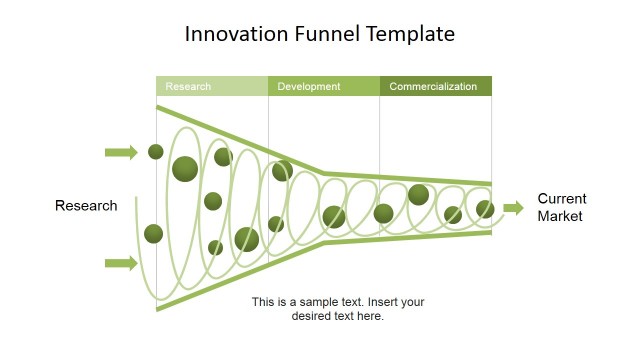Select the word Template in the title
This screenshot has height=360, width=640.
pos(414,34)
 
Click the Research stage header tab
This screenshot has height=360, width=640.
pos(211,87)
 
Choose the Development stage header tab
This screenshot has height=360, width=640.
pos(323,87)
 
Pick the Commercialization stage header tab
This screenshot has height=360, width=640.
pos(435,87)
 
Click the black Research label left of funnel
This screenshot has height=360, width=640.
pos(86,206)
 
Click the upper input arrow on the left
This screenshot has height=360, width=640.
pos(121,152)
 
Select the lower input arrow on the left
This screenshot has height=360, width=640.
pos(121,263)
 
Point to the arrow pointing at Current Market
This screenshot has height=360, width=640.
pos(513,208)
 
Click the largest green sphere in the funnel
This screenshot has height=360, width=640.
pos(185,169)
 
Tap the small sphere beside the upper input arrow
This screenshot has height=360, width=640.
pos(156,152)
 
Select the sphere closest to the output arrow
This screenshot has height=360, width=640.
pos(485,209)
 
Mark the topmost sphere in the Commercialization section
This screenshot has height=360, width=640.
pos(418,195)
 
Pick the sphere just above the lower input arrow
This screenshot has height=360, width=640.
pos(153,234)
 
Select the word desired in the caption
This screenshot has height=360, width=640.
pos(311,316)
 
